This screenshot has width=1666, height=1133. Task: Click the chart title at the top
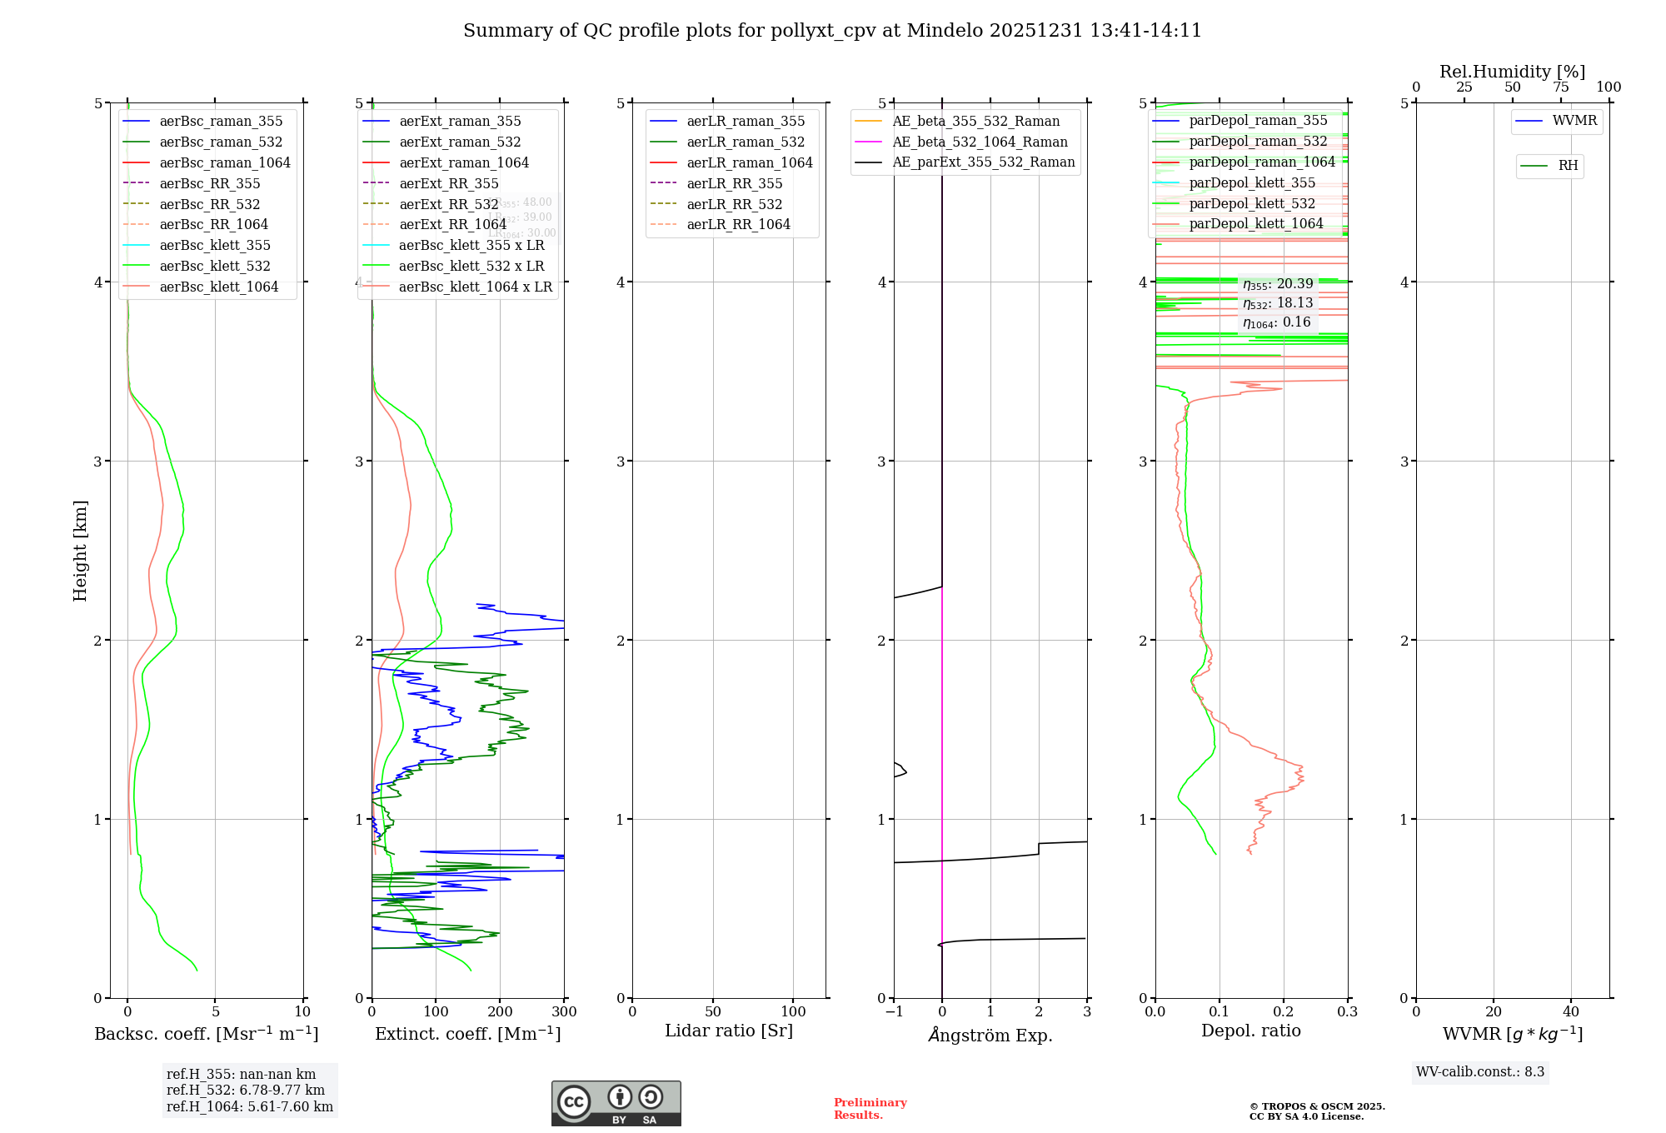(832, 31)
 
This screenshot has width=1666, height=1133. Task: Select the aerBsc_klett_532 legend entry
(215, 266)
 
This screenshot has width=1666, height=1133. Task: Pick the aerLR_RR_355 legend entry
(734, 183)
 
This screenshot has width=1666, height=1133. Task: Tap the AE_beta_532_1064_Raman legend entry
(980, 142)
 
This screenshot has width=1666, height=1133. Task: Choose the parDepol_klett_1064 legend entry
(1256, 223)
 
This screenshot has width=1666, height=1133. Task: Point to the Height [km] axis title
(80, 550)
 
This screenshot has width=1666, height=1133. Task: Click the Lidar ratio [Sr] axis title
(729, 1031)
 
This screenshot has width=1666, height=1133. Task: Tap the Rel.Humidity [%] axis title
(1512, 72)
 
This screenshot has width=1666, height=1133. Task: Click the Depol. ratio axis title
(1250, 1031)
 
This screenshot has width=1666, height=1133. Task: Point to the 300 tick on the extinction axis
(564, 1011)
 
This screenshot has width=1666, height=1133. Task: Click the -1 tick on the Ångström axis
(894, 1011)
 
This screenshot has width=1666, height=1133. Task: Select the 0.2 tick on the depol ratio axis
(1284, 1011)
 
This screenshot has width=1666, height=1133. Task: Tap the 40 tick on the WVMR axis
(1571, 1011)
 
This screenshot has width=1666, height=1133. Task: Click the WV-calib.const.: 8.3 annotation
(1480, 1072)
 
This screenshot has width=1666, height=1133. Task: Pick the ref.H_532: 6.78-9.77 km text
(246, 1090)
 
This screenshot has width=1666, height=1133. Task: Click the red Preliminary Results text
(870, 1109)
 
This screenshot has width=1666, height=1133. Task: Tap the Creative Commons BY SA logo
(616, 1103)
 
